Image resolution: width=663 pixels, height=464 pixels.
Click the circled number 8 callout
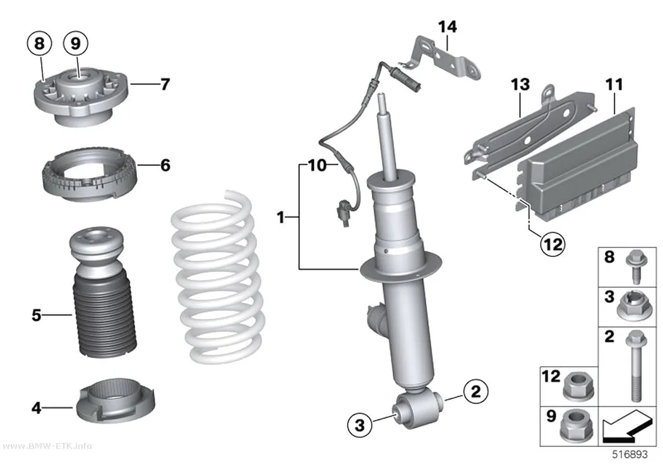(x=39, y=43)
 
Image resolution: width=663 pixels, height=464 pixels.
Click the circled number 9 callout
(x=75, y=43)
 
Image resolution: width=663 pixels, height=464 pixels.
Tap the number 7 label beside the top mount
(x=165, y=84)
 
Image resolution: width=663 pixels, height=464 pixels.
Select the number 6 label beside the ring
(x=165, y=165)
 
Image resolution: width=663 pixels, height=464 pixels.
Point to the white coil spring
(x=218, y=277)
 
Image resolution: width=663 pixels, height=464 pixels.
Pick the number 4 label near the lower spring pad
(x=37, y=408)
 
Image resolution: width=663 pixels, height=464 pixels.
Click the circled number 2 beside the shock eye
(x=475, y=391)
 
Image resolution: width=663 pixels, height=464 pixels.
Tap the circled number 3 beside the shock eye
(x=359, y=424)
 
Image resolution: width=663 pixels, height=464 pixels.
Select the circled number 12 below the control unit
(x=553, y=244)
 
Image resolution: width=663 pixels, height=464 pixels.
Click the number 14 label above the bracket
(x=447, y=27)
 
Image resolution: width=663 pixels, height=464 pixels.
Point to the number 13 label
(x=520, y=85)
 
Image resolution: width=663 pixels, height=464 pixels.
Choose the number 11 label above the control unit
(x=614, y=85)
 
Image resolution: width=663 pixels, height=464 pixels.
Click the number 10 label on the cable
(x=318, y=165)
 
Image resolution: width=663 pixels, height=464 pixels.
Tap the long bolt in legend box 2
(x=634, y=366)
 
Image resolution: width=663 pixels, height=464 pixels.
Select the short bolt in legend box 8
(x=634, y=266)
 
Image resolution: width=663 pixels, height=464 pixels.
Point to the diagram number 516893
(x=630, y=455)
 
